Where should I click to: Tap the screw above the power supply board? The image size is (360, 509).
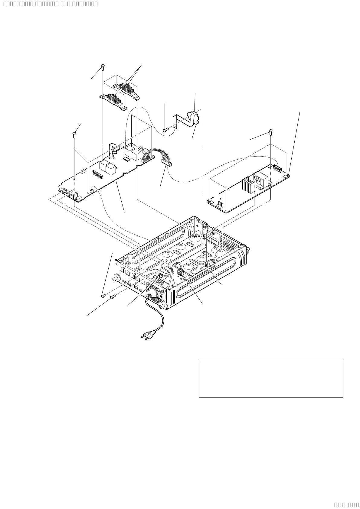270,131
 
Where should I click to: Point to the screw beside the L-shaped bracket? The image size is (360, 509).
165,130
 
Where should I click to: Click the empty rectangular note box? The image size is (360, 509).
271,378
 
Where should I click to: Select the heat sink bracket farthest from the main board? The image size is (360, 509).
127,90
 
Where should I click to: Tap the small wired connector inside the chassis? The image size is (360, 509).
181,273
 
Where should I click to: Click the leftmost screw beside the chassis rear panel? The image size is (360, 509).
103,295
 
